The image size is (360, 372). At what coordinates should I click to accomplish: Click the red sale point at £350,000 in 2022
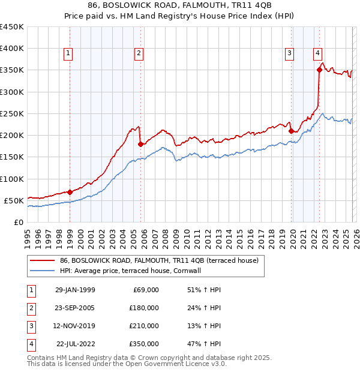tap(319, 70)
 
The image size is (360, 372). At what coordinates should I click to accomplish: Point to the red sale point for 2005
tap(140, 144)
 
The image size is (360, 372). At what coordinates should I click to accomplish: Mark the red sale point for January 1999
tap(70, 193)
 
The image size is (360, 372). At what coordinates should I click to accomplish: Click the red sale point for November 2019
tap(291, 131)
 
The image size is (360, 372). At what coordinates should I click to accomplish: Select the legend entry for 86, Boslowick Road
tap(158, 260)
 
